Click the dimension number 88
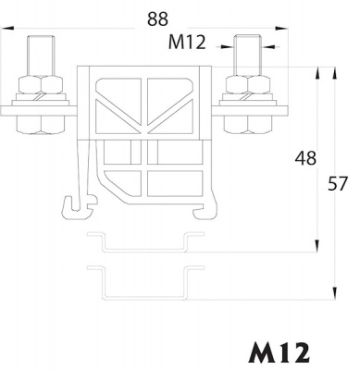point(157,18)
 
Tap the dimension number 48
point(305,158)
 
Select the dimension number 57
point(338,183)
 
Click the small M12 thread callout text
point(187,43)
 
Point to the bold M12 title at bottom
point(279,352)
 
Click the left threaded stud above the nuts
point(41,55)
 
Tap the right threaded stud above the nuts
point(248,55)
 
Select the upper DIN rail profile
point(145,241)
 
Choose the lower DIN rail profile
point(145,282)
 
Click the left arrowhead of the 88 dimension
point(6,29)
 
